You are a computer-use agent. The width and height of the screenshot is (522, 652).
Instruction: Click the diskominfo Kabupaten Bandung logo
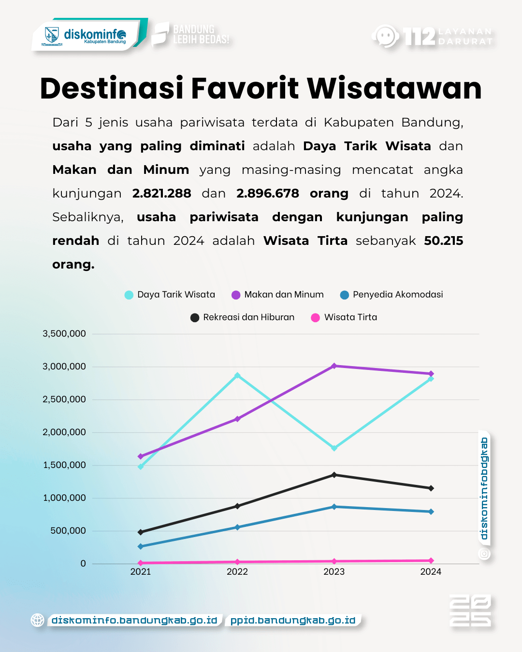(x=87, y=35)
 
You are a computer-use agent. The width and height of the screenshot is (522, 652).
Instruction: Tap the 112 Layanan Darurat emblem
(x=433, y=36)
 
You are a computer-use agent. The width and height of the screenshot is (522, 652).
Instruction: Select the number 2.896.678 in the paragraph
(x=267, y=193)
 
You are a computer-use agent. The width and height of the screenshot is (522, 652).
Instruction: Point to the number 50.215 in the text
(x=443, y=241)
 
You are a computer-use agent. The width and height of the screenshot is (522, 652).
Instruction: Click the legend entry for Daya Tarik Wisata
(x=170, y=295)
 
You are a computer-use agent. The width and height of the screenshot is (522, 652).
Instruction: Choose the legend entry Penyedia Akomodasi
(x=392, y=295)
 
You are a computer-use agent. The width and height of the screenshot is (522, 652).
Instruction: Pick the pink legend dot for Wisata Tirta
(x=315, y=318)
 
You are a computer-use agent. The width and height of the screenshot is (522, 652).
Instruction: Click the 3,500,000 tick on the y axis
(x=64, y=334)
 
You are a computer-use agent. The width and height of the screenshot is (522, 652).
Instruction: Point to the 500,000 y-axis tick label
(x=68, y=531)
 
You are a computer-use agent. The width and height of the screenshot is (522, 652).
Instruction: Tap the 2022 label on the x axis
(x=237, y=572)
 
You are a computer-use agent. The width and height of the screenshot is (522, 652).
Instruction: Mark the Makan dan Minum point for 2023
(x=334, y=366)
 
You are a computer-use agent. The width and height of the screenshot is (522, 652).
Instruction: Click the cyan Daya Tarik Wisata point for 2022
(x=237, y=375)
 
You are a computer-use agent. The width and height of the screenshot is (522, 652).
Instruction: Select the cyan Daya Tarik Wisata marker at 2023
(x=334, y=448)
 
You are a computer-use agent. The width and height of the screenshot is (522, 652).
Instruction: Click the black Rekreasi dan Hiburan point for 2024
(x=431, y=488)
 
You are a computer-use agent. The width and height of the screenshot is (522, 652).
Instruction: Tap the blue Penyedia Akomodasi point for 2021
(x=141, y=547)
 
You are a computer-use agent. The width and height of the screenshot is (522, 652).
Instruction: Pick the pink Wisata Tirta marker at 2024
(x=431, y=561)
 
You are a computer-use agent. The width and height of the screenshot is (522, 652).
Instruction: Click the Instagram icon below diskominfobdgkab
(x=484, y=554)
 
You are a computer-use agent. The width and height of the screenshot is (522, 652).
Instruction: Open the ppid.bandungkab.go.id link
(x=293, y=620)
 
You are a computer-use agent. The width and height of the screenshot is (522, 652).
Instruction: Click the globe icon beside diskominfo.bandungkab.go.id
(x=38, y=620)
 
